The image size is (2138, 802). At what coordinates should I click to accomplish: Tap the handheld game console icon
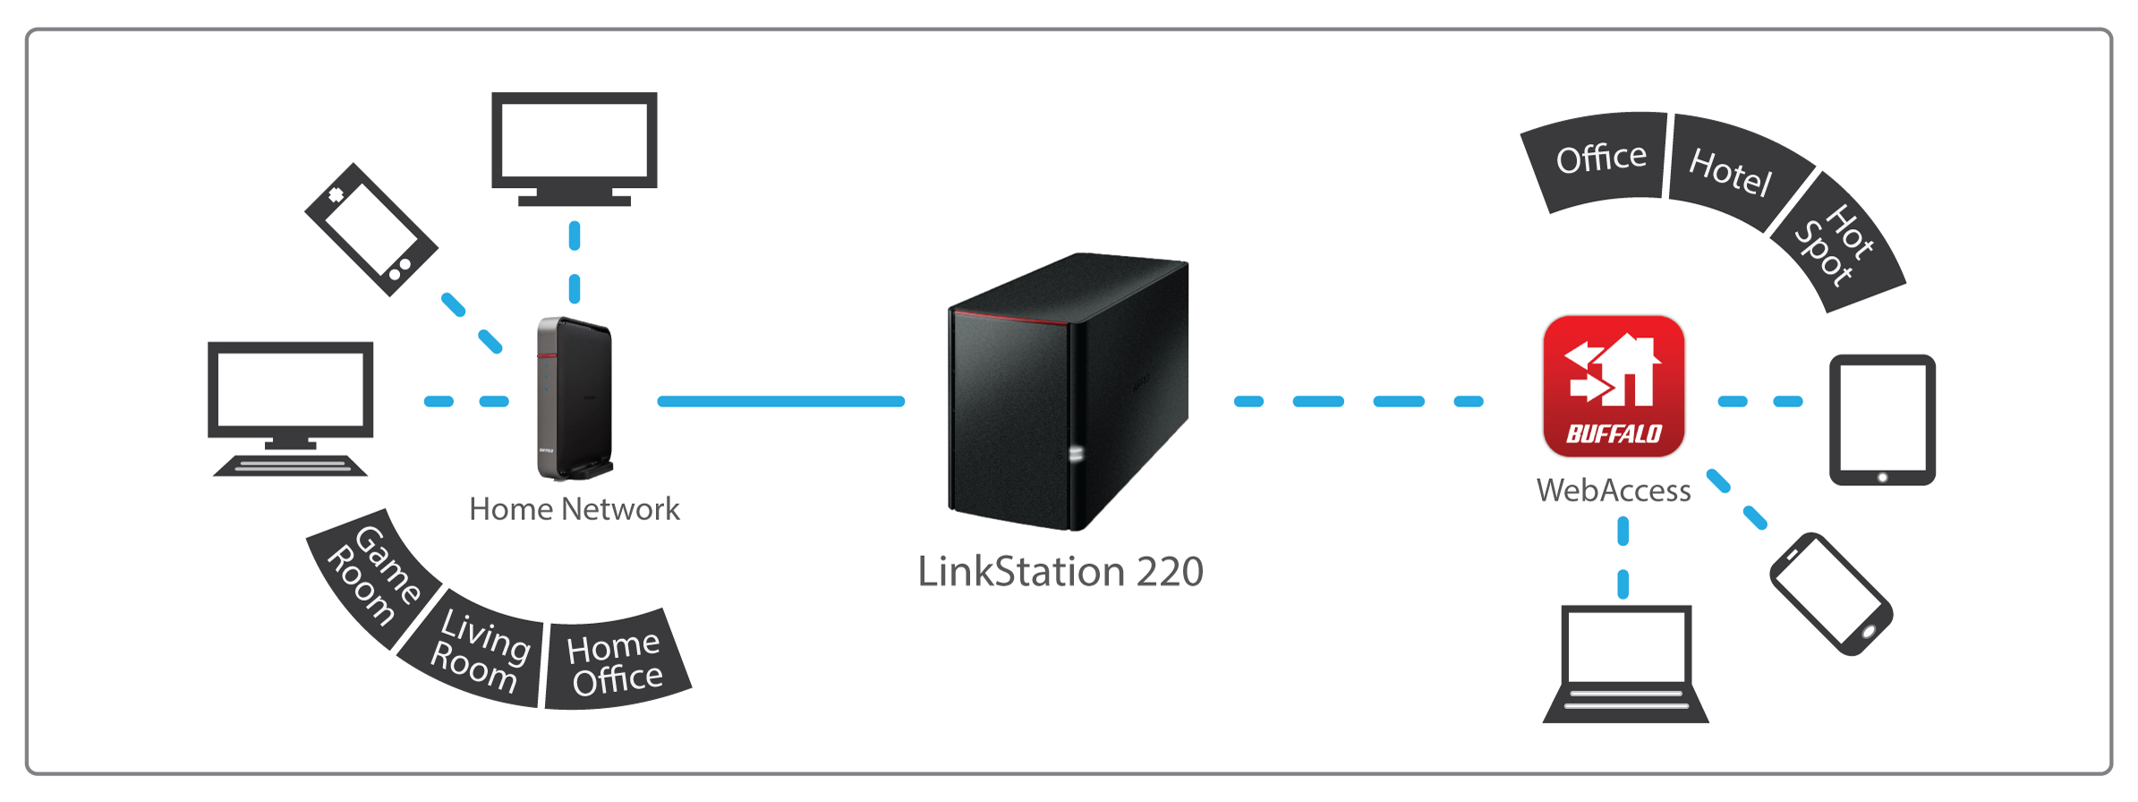[x=371, y=229]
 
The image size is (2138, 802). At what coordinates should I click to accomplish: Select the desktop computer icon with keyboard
[x=290, y=408]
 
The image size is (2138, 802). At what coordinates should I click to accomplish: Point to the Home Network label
[x=575, y=509]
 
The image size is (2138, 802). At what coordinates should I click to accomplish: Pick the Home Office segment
[x=617, y=662]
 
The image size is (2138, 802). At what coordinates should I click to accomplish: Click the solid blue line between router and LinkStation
[x=780, y=402]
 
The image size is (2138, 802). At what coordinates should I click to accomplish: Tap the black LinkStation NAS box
[x=1069, y=394]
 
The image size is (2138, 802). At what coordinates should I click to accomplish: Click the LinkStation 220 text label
[x=1060, y=571]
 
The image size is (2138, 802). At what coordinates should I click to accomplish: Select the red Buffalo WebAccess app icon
[x=1614, y=387]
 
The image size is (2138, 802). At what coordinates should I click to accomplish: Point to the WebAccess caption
[x=1614, y=491]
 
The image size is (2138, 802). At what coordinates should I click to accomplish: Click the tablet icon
[x=1882, y=420]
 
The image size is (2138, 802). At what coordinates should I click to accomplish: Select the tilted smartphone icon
[x=1831, y=593]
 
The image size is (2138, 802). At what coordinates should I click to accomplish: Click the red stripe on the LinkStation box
[x=1010, y=316]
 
